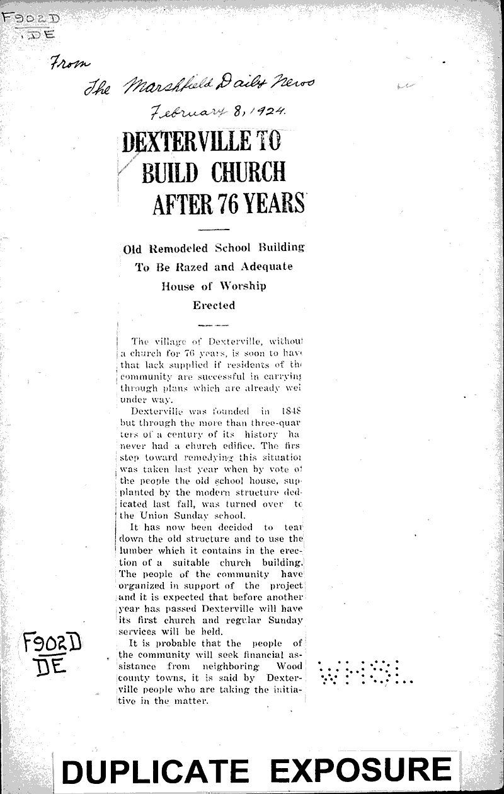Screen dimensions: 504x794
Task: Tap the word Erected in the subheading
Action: (214, 305)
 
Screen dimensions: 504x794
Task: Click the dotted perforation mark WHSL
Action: (365, 673)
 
